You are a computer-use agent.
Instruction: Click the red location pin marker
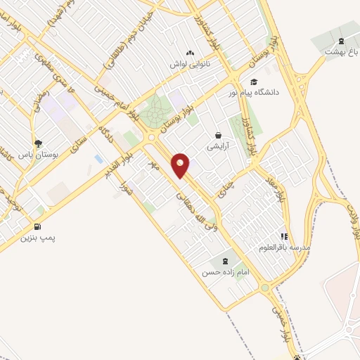coord(181,165)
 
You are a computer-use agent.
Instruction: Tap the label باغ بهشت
coord(341,52)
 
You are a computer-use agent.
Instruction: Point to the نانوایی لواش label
coord(191,64)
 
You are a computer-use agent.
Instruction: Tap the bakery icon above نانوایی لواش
coord(189,53)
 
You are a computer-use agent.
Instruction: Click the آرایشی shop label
coord(217,146)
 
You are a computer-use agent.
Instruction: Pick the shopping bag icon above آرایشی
coord(217,134)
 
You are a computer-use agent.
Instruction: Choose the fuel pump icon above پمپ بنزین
coord(37,226)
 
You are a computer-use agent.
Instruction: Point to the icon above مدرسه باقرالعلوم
coord(285,237)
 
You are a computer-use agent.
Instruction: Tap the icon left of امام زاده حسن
coord(225,262)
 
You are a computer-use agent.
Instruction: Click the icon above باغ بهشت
coord(341,41)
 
